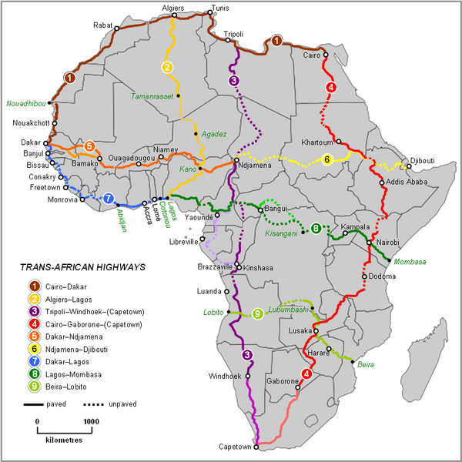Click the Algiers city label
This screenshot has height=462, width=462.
pos(173,7)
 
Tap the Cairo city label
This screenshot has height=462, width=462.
pos(312,55)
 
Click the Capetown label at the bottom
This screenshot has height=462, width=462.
pos(236,446)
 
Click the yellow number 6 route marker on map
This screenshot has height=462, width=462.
pos(326,159)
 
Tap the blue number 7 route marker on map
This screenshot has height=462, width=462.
pos(109,198)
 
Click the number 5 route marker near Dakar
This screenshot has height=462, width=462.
pos(89,146)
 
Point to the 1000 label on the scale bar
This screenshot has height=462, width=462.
pos(91,421)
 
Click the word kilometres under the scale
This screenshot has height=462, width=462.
pos(63,444)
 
